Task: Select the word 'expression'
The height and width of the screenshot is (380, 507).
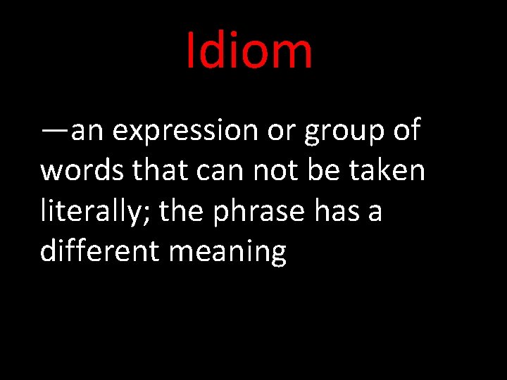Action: point(185,132)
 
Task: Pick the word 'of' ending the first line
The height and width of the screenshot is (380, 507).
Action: point(406,130)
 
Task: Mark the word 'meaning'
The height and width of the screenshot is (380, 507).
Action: point(227,252)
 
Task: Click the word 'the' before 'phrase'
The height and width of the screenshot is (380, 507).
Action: point(182,210)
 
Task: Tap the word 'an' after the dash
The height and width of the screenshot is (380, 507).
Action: point(87,133)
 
